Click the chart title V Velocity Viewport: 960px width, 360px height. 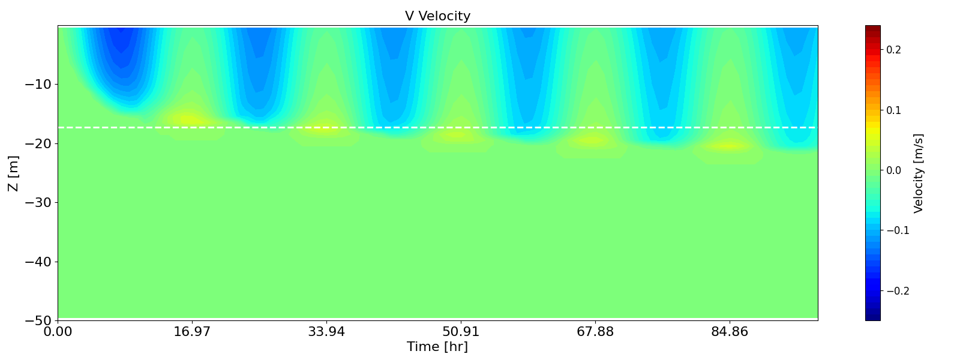tap(437, 16)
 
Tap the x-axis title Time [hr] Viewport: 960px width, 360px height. tap(437, 347)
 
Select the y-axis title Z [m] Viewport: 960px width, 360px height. tap(13, 173)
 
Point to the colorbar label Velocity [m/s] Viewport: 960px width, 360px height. tap(918, 173)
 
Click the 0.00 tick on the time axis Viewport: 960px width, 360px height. tap(58, 332)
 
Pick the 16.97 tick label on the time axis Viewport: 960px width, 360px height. tap(192, 332)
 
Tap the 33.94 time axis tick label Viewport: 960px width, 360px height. tap(326, 332)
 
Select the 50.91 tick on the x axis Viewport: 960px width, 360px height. tap(461, 332)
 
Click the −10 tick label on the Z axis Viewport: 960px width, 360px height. tap(37, 84)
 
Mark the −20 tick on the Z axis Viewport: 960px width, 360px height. tap(37, 143)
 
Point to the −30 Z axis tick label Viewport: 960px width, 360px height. tap(37, 202)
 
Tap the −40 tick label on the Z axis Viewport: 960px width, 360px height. tap(37, 262)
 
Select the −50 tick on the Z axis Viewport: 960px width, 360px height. tap(37, 320)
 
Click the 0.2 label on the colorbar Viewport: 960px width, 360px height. tap(893, 50)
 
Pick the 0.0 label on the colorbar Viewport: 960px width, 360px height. tap(893, 170)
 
